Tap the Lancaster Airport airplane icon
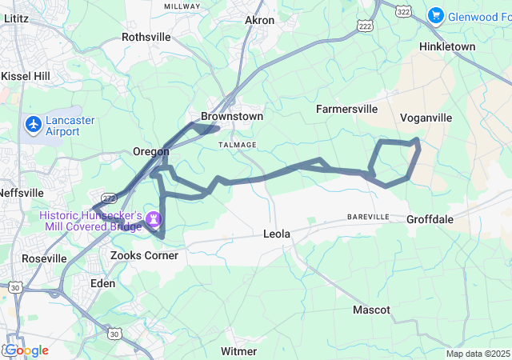[34, 125]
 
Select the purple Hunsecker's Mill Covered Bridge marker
[153, 218]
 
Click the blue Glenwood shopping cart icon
[436, 14]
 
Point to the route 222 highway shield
[366, 26]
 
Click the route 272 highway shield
[109, 197]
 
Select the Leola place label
[277, 234]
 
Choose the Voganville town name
[426, 118]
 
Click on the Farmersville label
[346, 108]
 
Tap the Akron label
[259, 20]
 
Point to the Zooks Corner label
[144, 255]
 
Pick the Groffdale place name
[430, 219]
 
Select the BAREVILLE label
[368, 217]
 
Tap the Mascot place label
[371, 310]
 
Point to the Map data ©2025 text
[477, 354]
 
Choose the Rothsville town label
[146, 37]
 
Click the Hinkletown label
[447, 46]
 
